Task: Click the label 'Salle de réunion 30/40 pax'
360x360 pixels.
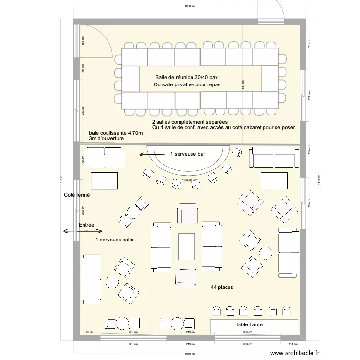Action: point(189,78)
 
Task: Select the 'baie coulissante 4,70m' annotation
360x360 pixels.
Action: point(116,133)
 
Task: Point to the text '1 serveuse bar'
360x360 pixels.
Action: point(188,155)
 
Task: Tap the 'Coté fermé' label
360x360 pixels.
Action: point(77,195)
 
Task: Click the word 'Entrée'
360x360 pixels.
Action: point(86,225)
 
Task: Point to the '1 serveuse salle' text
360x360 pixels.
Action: point(114,239)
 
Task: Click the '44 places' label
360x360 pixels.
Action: point(222,287)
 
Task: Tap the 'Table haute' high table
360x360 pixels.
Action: point(249,325)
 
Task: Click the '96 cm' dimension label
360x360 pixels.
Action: point(89,332)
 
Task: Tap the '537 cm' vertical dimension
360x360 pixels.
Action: point(243,84)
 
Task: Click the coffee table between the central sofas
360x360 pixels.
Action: point(187,246)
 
